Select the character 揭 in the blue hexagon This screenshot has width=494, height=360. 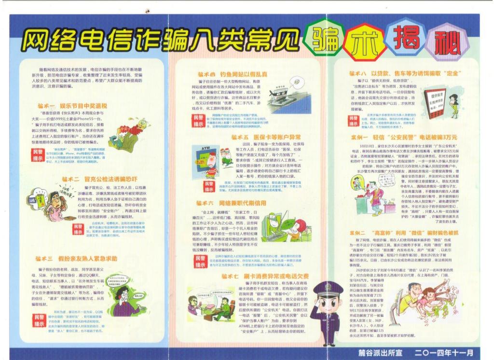pyautogui.click(x=406, y=37)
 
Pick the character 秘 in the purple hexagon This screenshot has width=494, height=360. pyautogui.click(x=441, y=43)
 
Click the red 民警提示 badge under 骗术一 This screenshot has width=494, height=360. pyautogui.click(x=37, y=155)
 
